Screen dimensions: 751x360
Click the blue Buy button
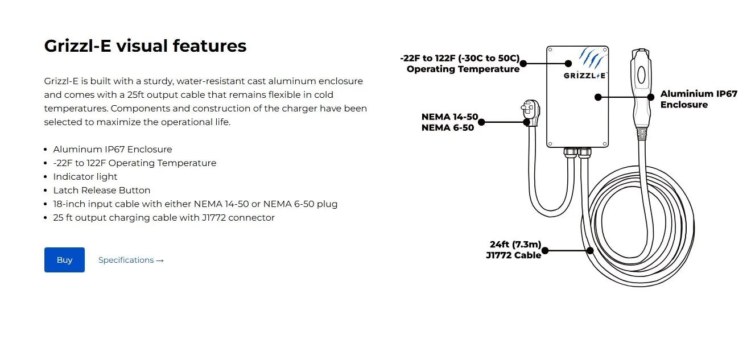click(x=64, y=260)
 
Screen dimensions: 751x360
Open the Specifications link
click(x=131, y=260)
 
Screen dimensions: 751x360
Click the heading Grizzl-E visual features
click(x=145, y=46)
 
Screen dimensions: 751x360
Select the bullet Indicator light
click(x=85, y=177)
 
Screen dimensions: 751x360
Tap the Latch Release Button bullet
click(x=102, y=191)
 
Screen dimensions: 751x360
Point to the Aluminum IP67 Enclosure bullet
click(x=112, y=149)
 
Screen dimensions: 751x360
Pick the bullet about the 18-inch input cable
click(x=195, y=204)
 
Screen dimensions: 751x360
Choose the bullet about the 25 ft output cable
click(x=164, y=218)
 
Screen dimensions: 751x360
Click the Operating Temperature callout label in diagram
click(x=460, y=64)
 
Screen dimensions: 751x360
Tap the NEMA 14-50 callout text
click(x=449, y=117)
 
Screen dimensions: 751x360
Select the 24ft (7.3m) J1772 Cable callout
click(x=514, y=250)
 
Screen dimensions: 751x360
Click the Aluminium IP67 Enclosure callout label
click(x=699, y=99)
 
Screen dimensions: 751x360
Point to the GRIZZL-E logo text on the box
click(x=584, y=76)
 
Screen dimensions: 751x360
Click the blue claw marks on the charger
click(x=592, y=57)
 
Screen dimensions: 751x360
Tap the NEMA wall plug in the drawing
click(x=530, y=112)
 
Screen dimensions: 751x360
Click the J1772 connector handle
click(x=641, y=90)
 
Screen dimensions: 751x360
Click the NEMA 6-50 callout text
click(x=448, y=128)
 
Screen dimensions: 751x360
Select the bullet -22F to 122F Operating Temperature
click(x=134, y=163)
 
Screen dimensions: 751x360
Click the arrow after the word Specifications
click(x=160, y=260)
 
